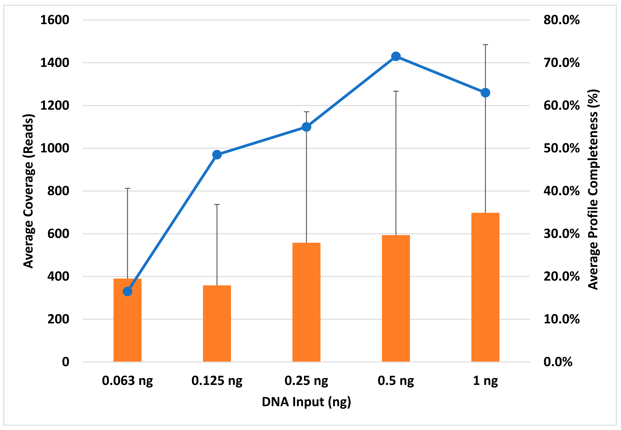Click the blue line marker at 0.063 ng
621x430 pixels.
[127, 292]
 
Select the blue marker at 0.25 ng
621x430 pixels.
[306, 127]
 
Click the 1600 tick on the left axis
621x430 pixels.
[55, 20]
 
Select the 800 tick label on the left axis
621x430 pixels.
[58, 191]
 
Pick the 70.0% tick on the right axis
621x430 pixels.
[561, 63]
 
